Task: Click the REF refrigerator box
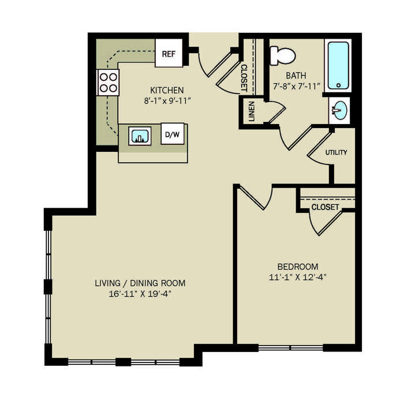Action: [x=169, y=53]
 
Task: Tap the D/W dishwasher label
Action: [x=173, y=134]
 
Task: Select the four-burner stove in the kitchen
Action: [x=109, y=83]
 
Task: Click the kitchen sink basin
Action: [x=140, y=136]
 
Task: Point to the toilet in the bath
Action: [x=282, y=55]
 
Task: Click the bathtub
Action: [x=338, y=65]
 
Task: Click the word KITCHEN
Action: [x=167, y=90]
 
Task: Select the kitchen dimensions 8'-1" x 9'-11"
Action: [x=167, y=101]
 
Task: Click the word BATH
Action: [x=296, y=76]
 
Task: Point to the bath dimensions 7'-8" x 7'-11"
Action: [x=296, y=86]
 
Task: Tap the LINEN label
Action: [x=252, y=111]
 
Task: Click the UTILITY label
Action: [x=336, y=152]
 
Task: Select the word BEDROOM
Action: [x=298, y=266]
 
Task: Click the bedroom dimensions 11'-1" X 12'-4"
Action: [x=298, y=277]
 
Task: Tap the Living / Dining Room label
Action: [x=140, y=283]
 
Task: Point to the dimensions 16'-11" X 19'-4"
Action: [x=140, y=294]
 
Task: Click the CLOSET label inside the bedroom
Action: [x=325, y=207]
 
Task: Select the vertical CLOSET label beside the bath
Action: [x=244, y=78]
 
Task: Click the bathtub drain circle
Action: [x=339, y=85]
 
